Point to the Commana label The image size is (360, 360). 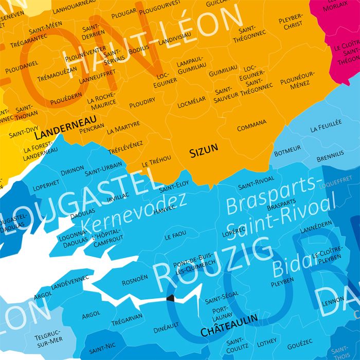click(x=252, y=125)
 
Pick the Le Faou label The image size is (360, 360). click(x=175, y=237)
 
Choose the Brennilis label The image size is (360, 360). click(x=330, y=157)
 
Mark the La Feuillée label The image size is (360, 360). click(x=326, y=125)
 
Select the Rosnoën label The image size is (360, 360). click(x=135, y=282)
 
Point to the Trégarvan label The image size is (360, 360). click(x=126, y=321)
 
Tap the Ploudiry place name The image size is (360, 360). click(x=142, y=103)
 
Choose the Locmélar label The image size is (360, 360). click(x=191, y=99)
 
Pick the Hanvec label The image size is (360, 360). click(x=165, y=208)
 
